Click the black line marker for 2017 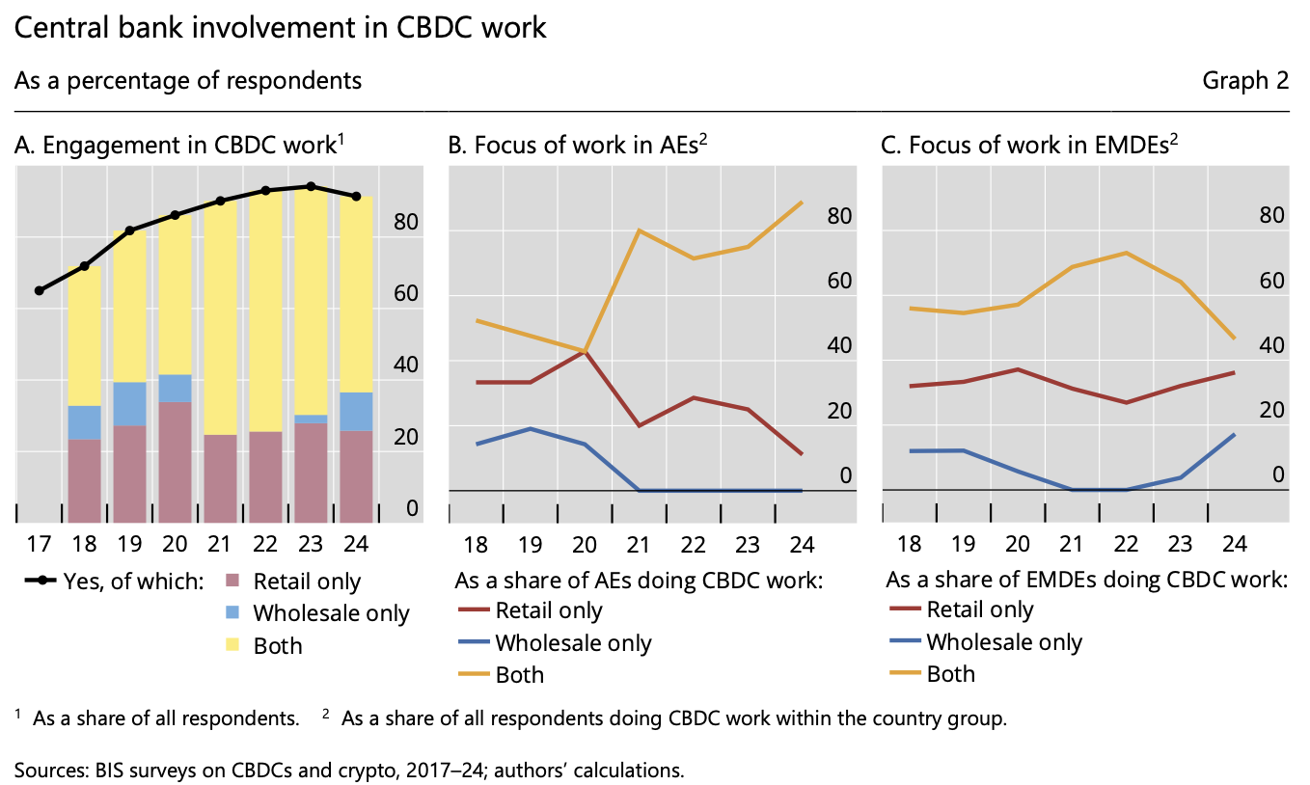[40, 290]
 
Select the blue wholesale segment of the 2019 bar [129, 404]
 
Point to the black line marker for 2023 [311, 186]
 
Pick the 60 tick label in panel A [405, 293]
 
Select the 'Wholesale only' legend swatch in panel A [232, 613]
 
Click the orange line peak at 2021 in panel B [641, 230]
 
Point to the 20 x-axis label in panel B [586, 544]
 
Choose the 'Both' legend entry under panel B [519, 674]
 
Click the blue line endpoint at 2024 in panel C [1235, 434]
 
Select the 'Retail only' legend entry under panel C [979, 609]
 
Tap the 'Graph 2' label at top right [1244, 81]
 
